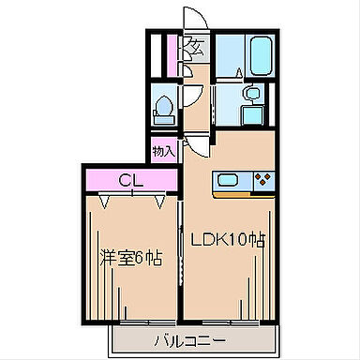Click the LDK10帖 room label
click(228, 240)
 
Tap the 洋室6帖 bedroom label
click(130, 258)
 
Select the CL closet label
click(131, 180)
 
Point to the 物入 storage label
click(164, 152)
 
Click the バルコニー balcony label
click(190, 340)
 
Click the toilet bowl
click(164, 106)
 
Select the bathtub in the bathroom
click(261, 55)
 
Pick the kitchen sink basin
click(228, 180)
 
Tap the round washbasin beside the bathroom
click(252, 93)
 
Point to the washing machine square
click(252, 114)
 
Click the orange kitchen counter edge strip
click(244, 195)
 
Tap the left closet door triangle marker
click(104, 202)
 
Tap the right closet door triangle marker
click(160, 202)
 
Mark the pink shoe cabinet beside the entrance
click(172, 56)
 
